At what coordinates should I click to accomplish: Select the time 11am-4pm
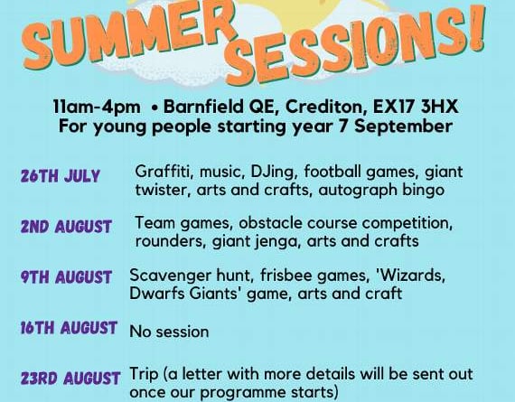97,108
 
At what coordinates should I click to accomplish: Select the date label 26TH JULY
61,176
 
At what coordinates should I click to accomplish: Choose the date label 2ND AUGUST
66,227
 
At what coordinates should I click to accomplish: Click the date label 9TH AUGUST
66,277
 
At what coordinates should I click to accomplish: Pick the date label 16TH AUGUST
69,328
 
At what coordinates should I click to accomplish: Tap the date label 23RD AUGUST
70,379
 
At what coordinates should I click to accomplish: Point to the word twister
164,190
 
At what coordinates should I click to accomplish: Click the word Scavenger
170,276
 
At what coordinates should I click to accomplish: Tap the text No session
169,332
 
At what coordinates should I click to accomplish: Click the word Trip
144,375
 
